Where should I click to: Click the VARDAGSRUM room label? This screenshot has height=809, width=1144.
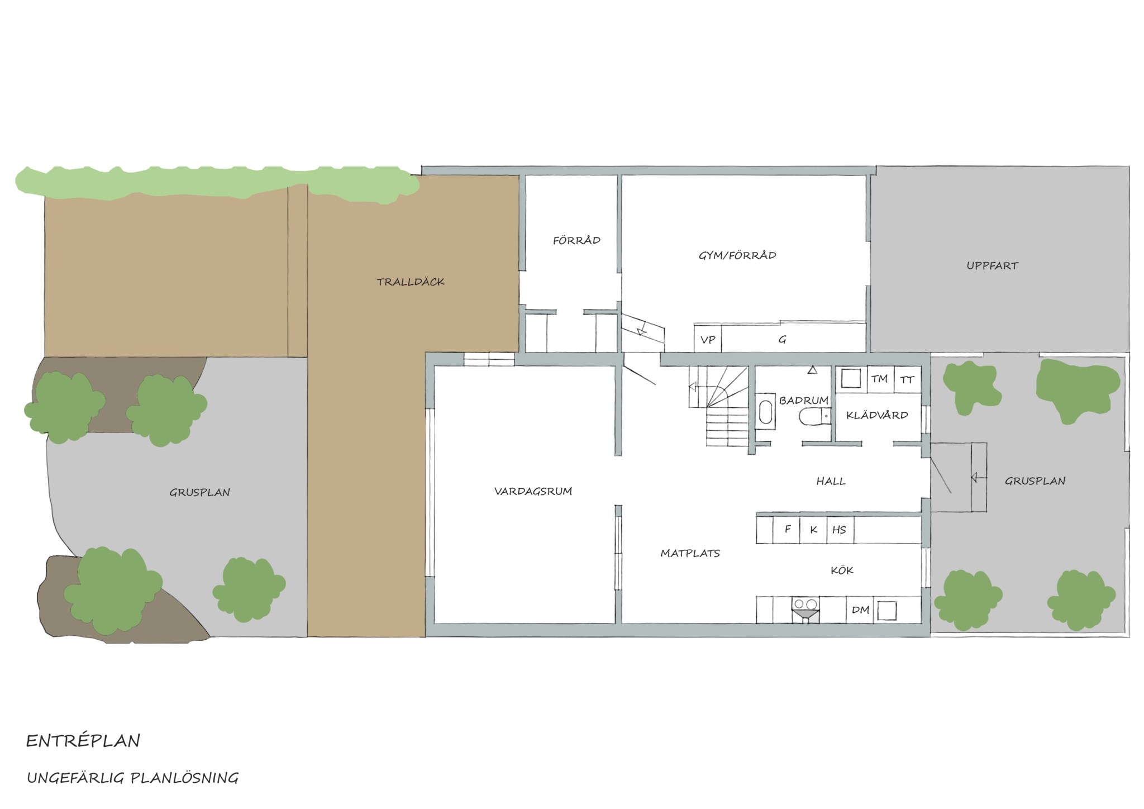(533, 492)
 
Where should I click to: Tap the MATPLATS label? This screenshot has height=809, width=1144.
(690, 554)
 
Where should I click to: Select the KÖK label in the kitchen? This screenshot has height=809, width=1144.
(842, 570)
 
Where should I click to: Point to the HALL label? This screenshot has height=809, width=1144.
(831, 481)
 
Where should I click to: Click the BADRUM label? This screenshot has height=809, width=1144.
(803, 401)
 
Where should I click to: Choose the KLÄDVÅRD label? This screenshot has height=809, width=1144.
(877, 415)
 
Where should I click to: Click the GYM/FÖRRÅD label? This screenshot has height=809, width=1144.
(737, 255)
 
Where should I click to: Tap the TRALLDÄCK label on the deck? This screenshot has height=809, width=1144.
(411, 282)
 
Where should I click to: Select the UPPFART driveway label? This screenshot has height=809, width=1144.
(992, 266)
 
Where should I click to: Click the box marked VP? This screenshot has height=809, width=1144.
(708, 339)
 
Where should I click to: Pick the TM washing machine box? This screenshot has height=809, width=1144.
(880, 379)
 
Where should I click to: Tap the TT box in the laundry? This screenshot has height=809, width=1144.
(907, 379)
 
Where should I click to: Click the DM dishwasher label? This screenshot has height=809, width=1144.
(860, 610)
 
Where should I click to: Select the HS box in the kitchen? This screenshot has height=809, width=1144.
(839, 530)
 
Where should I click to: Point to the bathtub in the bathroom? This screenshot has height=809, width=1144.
(765, 411)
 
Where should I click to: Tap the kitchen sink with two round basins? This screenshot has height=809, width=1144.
(805, 609)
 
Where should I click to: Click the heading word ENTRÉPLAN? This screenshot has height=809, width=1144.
(83, 741)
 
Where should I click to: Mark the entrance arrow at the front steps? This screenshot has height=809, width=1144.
(974, 478)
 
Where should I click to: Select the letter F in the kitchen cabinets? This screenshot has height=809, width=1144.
(788, 529)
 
